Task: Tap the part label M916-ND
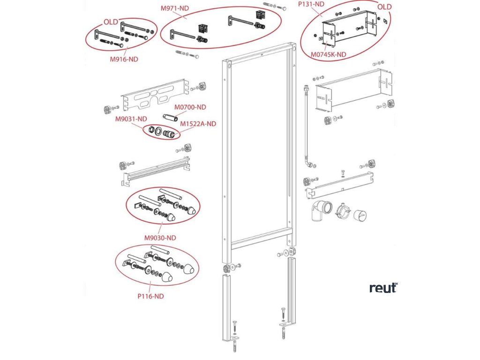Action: click(x=124, y=59)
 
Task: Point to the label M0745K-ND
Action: click(x=329, y=54)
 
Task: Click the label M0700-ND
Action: click(x=190, y=107)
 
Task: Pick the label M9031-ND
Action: click(x=131, y=119)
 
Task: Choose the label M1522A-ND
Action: click(x=198, y=124)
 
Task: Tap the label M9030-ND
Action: click(x=160, y=238)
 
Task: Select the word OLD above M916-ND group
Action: click(x=111, y=22)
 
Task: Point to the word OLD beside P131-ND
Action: click(x=384, y=7)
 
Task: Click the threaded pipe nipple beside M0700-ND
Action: click(x=169, y=116)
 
